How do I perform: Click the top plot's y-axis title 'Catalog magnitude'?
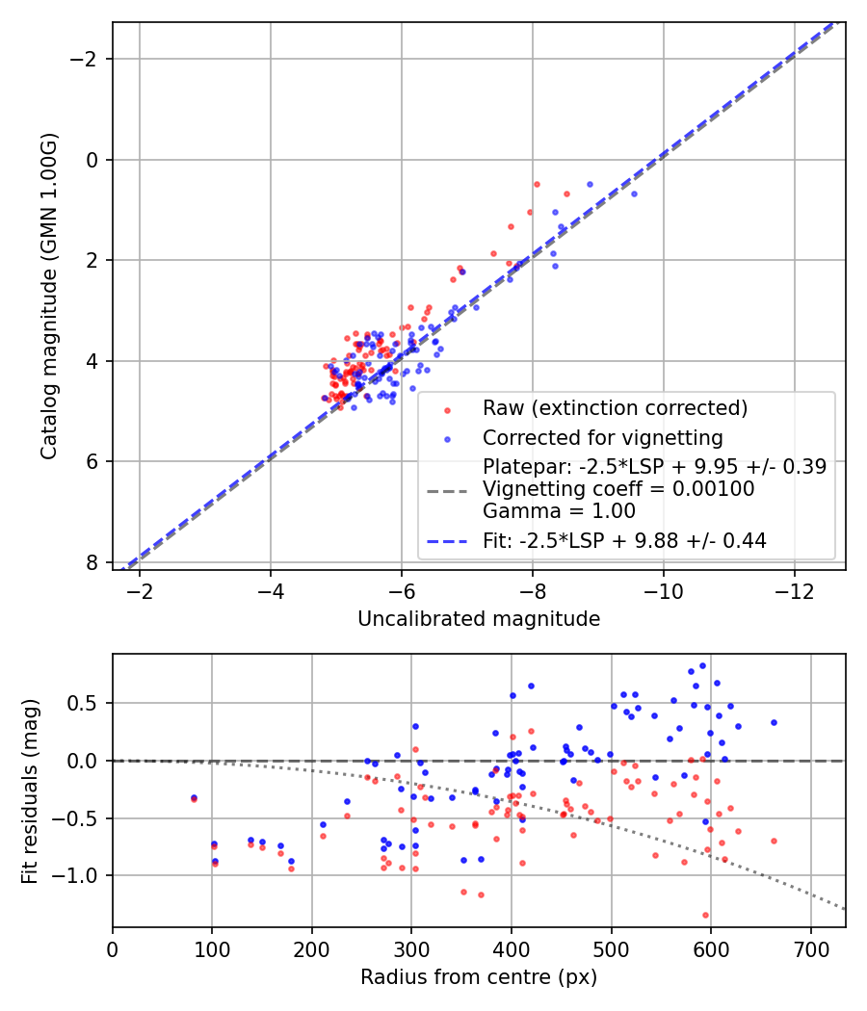pyautogui.click(x=49, y=296)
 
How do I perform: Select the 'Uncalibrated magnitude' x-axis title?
pyautogui.click(x=479, y=619)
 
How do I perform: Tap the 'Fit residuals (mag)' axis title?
pyautogui.click(x=30, y=790)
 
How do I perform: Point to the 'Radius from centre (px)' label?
pyautogui.click(x=479, y=977)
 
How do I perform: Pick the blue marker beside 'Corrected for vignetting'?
pyautogui.click(x=445, y=439)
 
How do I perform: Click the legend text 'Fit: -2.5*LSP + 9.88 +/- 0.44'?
pyautogui.click(x=624, y=541)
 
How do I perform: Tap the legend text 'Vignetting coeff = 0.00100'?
pyautogui.click(x=618, y=489)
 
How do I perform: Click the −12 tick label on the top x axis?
pyautogui.click(x=794, y=589)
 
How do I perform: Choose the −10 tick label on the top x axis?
pyautogui.click(x=663, y=589)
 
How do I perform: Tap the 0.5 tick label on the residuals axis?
pyautogui.click(x=88, y=703)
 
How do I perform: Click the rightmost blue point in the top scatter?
pyautogui.click(x=634, y=194)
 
